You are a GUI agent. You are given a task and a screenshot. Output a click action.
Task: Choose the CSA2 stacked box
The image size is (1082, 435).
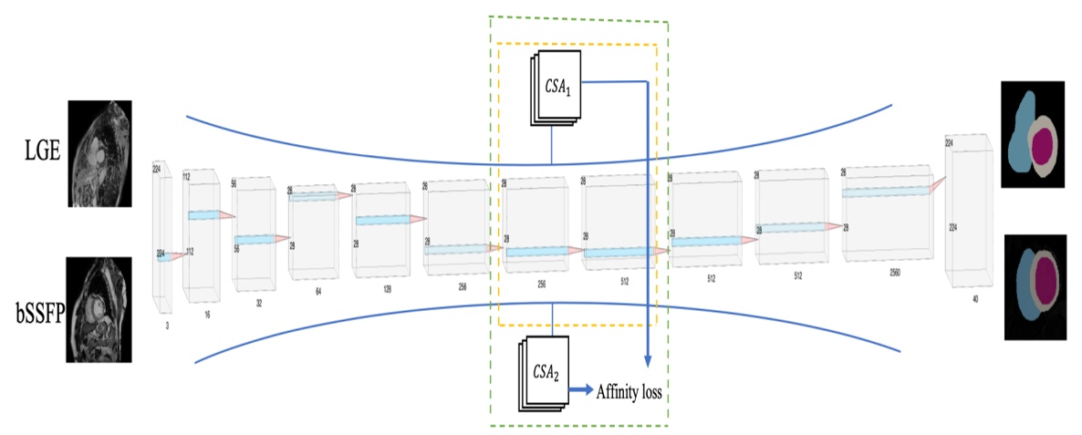tap(544, 374)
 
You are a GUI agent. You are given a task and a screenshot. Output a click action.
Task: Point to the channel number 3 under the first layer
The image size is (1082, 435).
tap(167, 324)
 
